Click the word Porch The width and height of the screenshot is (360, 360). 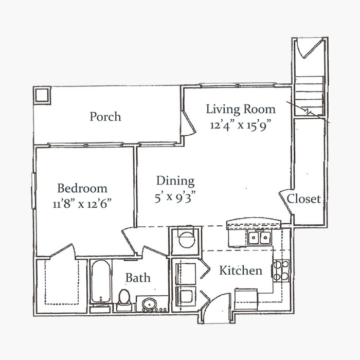pyautogui.click(x=105, y=117)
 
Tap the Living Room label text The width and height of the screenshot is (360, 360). pyautogui.click(x=241, y=109)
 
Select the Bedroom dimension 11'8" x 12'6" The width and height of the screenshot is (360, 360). pyautogui.click(x=82, y=203)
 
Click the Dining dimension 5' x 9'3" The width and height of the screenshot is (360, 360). pyautogui.click(x=175, y=196)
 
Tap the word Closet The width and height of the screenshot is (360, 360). pyautogui.click(x=304, y=199)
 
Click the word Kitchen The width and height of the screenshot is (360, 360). pyautogui.click(x=241, y=271)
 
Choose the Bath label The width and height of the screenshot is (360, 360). pyautogui.click(x=138, y=278)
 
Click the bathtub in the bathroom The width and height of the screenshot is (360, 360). pyautogui.click(x=99, y=283)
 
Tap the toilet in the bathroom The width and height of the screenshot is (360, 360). pyautogui.click(x=124, y=299)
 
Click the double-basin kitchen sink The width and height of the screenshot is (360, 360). pyautogui.click(x=259, y=238)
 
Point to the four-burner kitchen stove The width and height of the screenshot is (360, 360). pyautogui.click(x=281, y=271)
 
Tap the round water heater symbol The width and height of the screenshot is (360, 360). pyautogui.click(x=185, y=240)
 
